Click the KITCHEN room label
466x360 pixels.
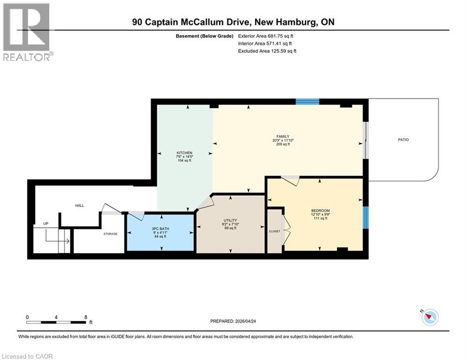pyautogui.click(x=184, y=153)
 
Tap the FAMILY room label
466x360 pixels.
pyautogui.click(x=283, y=136)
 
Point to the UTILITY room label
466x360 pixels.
pyautogui.click(x=230, y=220)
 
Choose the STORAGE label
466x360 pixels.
pyautogui.click(x=111, y=233)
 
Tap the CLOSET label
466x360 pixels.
pyautogui.click(x=274, y=231)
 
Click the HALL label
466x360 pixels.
pyautogui.click(x=80, y=205)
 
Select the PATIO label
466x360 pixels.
pyautogui.click(x=403, y=140)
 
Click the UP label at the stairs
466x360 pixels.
pyautogui.click(x=46, y=224)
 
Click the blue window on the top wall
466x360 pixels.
pyautogui.click(x=307, y=101)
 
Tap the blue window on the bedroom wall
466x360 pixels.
pyautogui.click(x=366, y=217)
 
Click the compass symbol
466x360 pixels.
pyautogui.click(x=429, y=317)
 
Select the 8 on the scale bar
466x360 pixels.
pyautogui.click(x=85, y=317)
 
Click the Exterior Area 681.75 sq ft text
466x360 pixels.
pyautogui.click(x=266, y=36)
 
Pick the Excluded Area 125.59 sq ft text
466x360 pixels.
pyautogui.click(x=267, y=51)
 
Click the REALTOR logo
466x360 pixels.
pyautogui.click(x=27, y=31)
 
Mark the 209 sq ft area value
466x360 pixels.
pyautogui.click(x=283, y=144)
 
